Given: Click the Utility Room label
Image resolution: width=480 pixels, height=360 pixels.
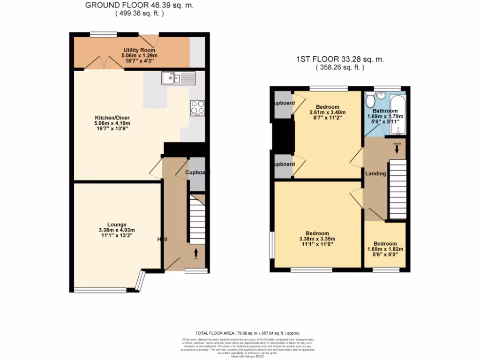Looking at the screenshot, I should (136, 50).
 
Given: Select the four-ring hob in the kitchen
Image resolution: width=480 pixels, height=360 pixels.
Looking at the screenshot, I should (197, 107).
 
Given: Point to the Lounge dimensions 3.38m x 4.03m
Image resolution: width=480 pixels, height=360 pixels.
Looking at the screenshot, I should (117, 230).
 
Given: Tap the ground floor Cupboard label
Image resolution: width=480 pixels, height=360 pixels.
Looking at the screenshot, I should (195, 172).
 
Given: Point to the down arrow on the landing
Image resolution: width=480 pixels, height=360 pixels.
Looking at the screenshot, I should (397, 149).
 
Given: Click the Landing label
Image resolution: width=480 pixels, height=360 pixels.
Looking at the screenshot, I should (375, 173).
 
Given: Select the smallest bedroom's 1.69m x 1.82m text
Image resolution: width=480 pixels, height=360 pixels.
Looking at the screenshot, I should (385, 249).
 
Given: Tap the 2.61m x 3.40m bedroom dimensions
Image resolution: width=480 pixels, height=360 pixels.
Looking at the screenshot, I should (327, 112).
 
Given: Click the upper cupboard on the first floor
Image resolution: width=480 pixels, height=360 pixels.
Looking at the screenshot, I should (283, 103).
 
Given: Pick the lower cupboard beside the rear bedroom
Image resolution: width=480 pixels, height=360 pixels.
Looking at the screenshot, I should (283, 164).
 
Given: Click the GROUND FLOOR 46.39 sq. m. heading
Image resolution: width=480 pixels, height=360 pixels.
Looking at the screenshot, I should (139, 6).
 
